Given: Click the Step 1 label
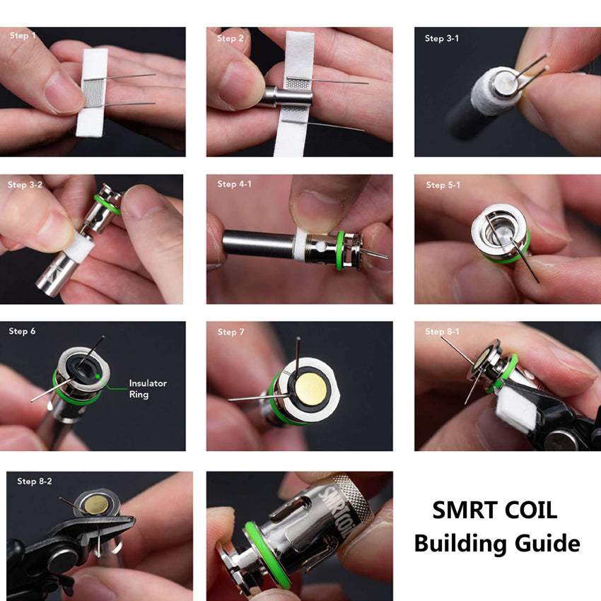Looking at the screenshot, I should [23, 35].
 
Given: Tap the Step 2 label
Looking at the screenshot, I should [231, 38].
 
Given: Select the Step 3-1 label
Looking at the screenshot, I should [441, 38].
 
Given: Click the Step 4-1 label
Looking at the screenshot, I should [234, 184].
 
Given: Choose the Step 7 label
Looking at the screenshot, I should [227, 332].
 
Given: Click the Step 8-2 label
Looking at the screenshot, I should [35, 482].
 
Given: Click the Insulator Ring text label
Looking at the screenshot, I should [148, 389].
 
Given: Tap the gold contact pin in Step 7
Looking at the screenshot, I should [310, 390].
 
